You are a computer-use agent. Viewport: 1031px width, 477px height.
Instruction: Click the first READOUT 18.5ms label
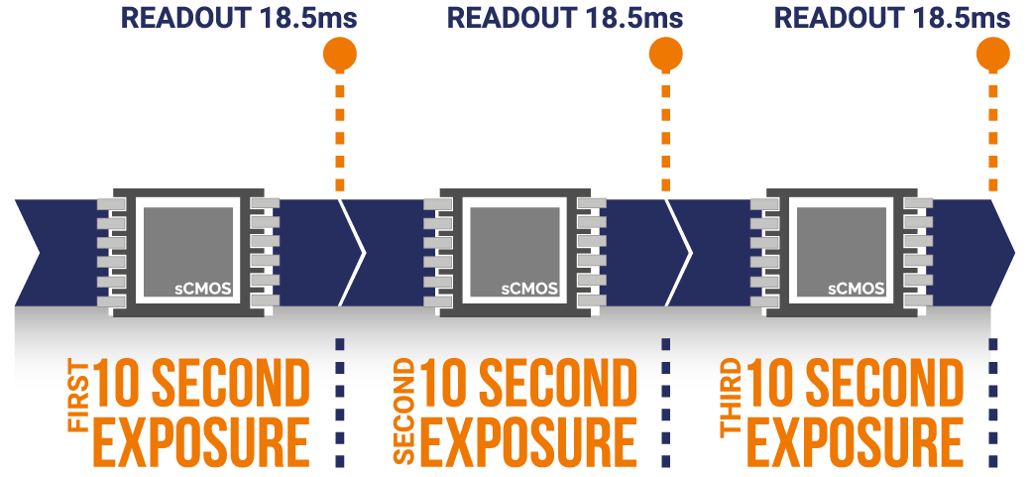click(x=239, y=18)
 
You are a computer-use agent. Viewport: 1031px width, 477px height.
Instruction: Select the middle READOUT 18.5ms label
click(x=565, y=18)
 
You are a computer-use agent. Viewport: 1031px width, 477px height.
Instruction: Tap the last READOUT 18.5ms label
click(x=892, y=18)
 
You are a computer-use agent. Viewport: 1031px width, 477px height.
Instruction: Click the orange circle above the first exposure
click(x=340, y=55)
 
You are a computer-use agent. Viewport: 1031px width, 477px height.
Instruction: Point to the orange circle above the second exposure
click(x=666, y=55)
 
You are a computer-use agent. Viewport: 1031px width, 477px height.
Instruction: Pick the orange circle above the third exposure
click(x=993, y=55)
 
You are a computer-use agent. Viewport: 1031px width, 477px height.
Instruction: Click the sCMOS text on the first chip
click(x=204, y=289)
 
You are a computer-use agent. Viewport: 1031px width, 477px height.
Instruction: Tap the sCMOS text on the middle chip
click(x=530, y=289)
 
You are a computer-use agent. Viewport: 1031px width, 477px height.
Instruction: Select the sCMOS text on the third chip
click(x=857, y=289)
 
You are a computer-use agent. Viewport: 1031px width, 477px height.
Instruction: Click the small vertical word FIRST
click(x=79, y=397)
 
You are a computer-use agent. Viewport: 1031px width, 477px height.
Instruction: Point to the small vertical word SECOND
click(x=406, y=410)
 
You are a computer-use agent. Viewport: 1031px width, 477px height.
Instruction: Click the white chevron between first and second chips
click(x=353, y=252)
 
